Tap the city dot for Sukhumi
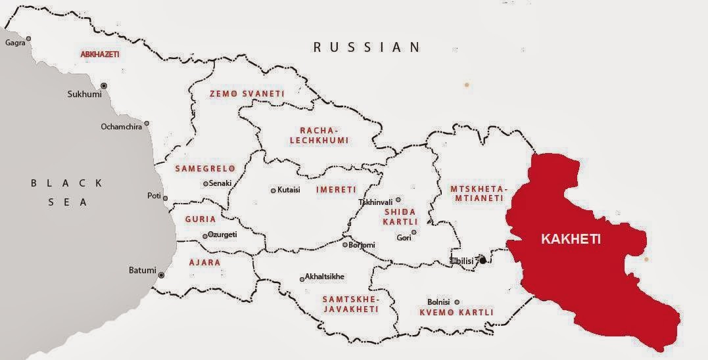coord(103,86)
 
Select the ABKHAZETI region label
coord(99,55)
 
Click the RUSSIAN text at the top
coord(366,47)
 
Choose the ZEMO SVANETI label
coord(247,94)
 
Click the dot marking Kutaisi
coord(273,191)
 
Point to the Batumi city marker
coord(162,275)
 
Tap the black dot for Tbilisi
coord(483,261)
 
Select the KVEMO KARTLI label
coord(456,313)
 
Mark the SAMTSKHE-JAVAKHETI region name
coord(350,304)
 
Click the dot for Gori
coord(413,232)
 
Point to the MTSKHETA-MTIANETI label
coord(479,194)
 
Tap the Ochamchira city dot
coord(147,124)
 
